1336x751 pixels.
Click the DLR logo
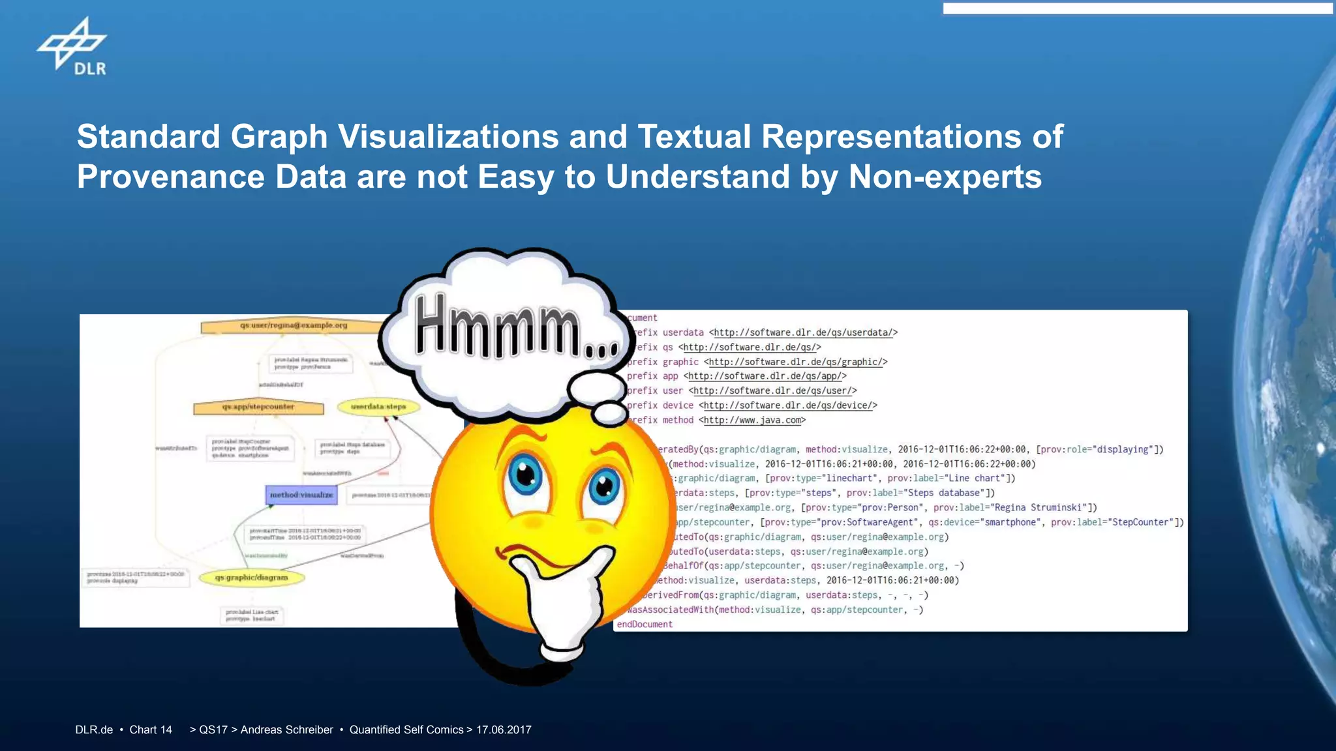coord(72,47)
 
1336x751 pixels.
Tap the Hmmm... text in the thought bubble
coord(515,326)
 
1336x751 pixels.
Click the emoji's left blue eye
coord(526,477)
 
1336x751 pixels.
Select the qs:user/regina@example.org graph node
coord(294,325)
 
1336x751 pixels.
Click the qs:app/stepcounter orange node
coord(258,407)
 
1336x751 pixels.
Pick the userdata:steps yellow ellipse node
coord(378,407)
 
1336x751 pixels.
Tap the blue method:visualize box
coord(301,495)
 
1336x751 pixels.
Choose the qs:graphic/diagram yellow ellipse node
coord(252,578)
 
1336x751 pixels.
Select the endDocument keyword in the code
coord(645,625)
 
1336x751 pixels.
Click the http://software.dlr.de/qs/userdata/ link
coord(803,332)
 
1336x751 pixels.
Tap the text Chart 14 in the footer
coord(151,730)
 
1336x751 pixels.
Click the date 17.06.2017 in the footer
coord(504,730)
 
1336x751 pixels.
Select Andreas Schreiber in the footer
coord(286,730)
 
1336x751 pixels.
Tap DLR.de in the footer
coord(94,730)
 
